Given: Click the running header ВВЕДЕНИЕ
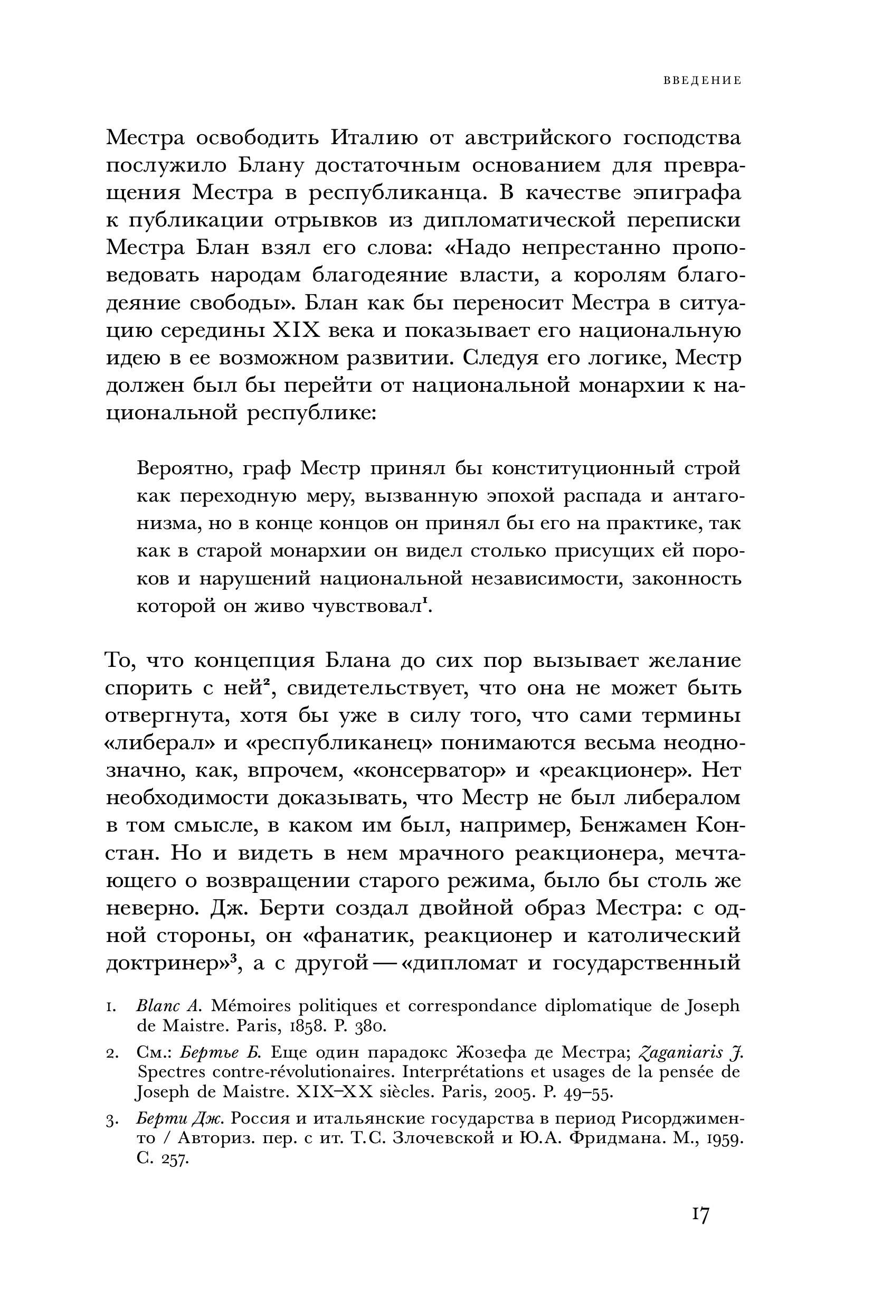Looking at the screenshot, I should point(702,81).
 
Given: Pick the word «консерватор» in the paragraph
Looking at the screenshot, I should point(430,771).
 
